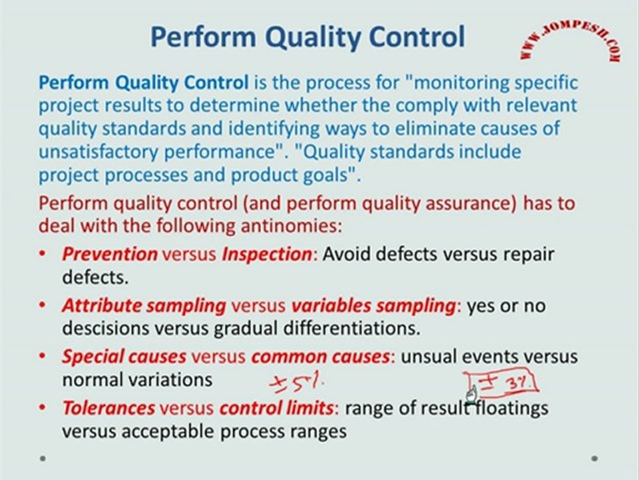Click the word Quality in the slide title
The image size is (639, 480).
(x=313, y=37)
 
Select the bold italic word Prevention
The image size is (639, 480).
(x=110, y=254)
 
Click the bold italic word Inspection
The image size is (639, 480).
(x=267, y=255)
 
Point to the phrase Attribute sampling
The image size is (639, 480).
(x=144, y=306)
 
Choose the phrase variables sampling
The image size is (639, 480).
(x=373, y=306)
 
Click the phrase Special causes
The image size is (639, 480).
(x=124, y=357)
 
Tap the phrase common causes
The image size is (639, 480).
(x=321, y=357)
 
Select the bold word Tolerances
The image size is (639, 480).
(x=108, y=408)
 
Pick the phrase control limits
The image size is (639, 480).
(x=276, y=408)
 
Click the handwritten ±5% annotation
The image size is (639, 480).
(x=297, y=384)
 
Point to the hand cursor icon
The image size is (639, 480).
(x=471, y=395)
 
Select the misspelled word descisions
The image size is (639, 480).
(x=106, y=328)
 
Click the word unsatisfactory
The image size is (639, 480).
(x=99, y=152)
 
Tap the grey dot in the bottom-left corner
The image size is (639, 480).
(x=43, y=458)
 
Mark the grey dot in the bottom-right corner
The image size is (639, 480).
(x=594, y=459)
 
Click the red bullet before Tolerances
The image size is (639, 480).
(x=43, y=407)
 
